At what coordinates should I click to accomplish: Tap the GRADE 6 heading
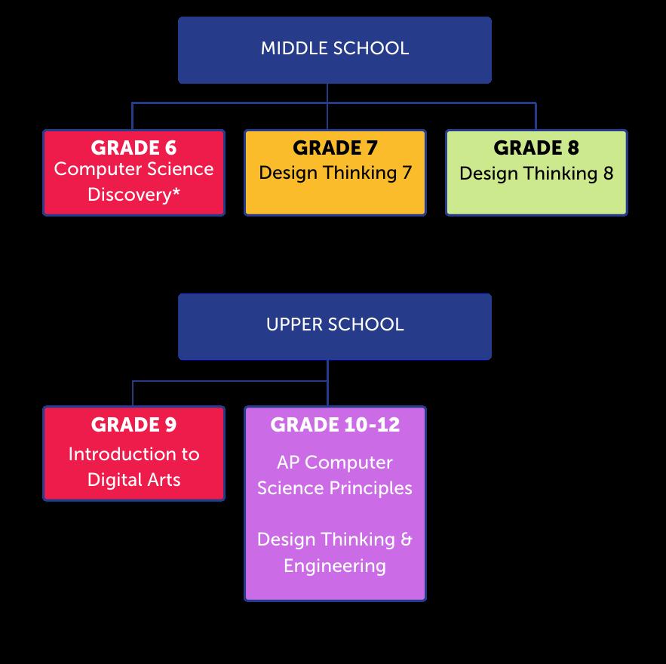(134, 147)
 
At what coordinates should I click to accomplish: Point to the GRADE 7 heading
(335, 147)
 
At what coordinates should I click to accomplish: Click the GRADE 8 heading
(536, 147)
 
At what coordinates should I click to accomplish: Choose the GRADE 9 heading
(134, 425)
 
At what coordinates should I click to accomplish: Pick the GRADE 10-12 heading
(335, 425)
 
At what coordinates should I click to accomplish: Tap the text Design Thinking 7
(335, 173)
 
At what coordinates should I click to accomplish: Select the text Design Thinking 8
(536, 173)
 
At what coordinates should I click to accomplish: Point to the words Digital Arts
(134, 480)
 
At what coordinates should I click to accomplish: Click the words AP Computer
(335, 462)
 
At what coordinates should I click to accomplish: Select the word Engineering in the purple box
(335, 566)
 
